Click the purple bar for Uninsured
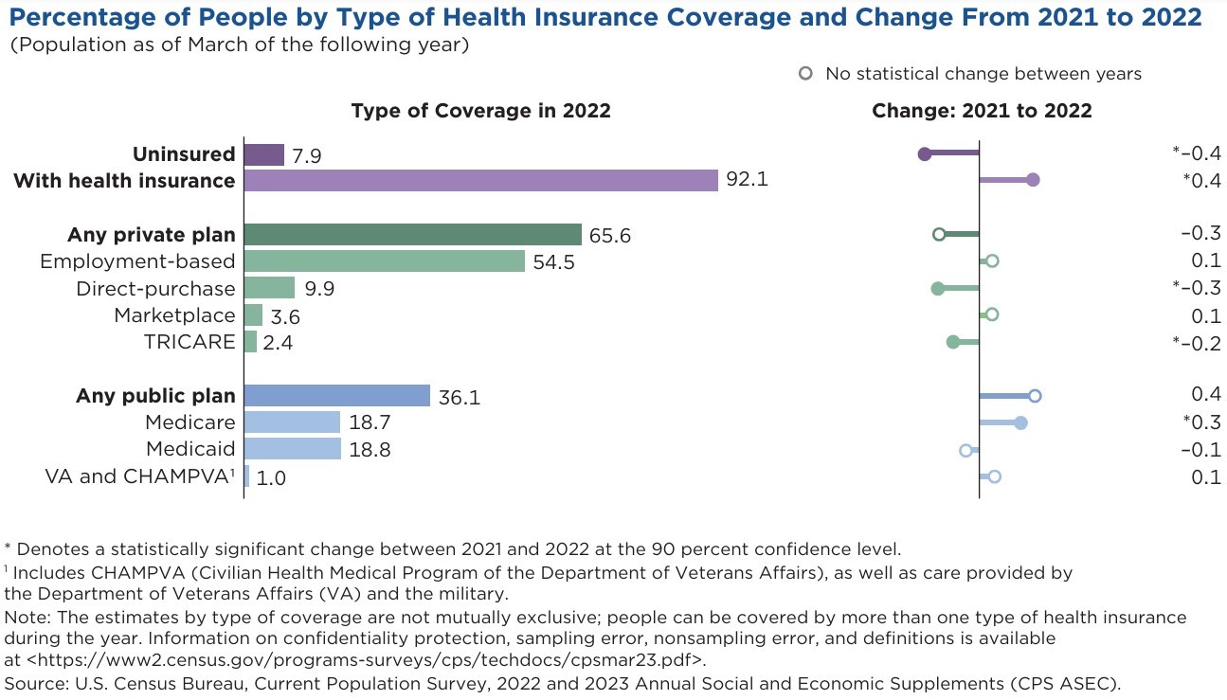[x=264, y=154]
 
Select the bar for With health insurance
[x=480, y=180]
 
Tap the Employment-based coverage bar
[x=385, y=261]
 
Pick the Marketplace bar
[x=253, y=315]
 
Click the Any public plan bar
[x=337, y=396]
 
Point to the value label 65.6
[x=610, y=236]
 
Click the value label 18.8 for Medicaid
[x=370, y=451]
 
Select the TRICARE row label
[x=189, y=342]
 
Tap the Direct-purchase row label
[x=155, y=288]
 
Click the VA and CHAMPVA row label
[x=139, y=476]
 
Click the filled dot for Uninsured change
[x=925, y=153]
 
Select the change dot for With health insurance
[x=1033, y=180]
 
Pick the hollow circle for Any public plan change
[x=1035, y=396]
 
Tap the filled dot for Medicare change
[x=1020, y=422]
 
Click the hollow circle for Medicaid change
[x=965, y=450]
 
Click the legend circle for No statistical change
[x=806, y=73]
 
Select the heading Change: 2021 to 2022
[x=982, y=111]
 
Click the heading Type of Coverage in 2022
[x=480, y=111]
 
